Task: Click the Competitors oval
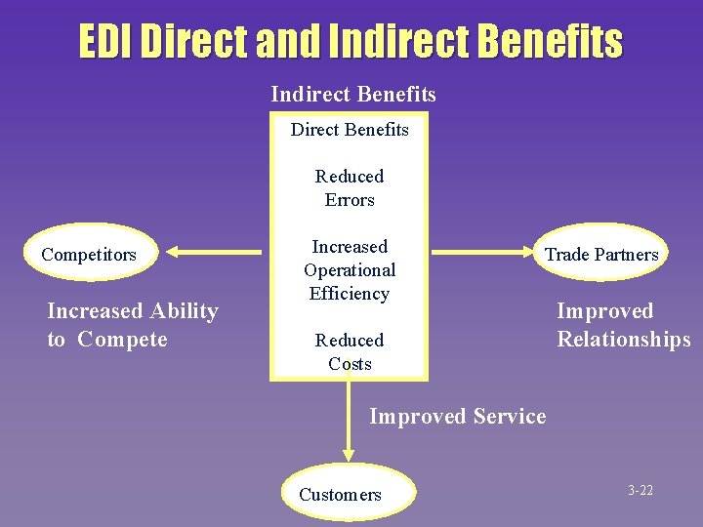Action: pyautogui.click(x=89, y=255)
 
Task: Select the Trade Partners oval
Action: pyautogui.click(x=601, y=255)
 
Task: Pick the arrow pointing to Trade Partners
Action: pyautogui.click(x=483, y=252)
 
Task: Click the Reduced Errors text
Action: pyautogui.click(x=350, y=187)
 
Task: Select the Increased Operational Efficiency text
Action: pyautogui.click(x=350, y=269)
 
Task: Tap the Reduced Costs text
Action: pyautogui.click(x=350, y=351)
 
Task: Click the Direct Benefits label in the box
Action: pyautogui.click(x=350, y=129)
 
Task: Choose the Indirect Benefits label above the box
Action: pyautogui.click(x=353, y=94)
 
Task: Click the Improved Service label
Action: pyautogui.click(x=457, y=416)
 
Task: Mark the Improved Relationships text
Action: pyautogui.click(x=623, y=325)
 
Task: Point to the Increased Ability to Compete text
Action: pyautogui.click(x=132, y=325)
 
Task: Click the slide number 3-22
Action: pyautogui.click(x=641, y=490)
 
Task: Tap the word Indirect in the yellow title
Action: pyautogui.click(x=388, y=42)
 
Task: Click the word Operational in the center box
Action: pyautogui.click(x=350, y=269)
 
